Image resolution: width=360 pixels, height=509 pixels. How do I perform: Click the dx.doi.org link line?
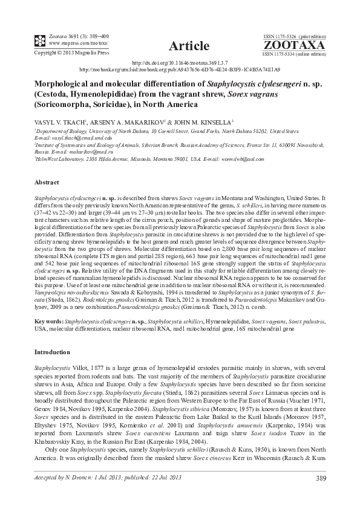pyautogui.click(x=180, y=63)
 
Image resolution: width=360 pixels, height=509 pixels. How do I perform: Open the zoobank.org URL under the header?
pyautogui.click(x=180, y=70)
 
